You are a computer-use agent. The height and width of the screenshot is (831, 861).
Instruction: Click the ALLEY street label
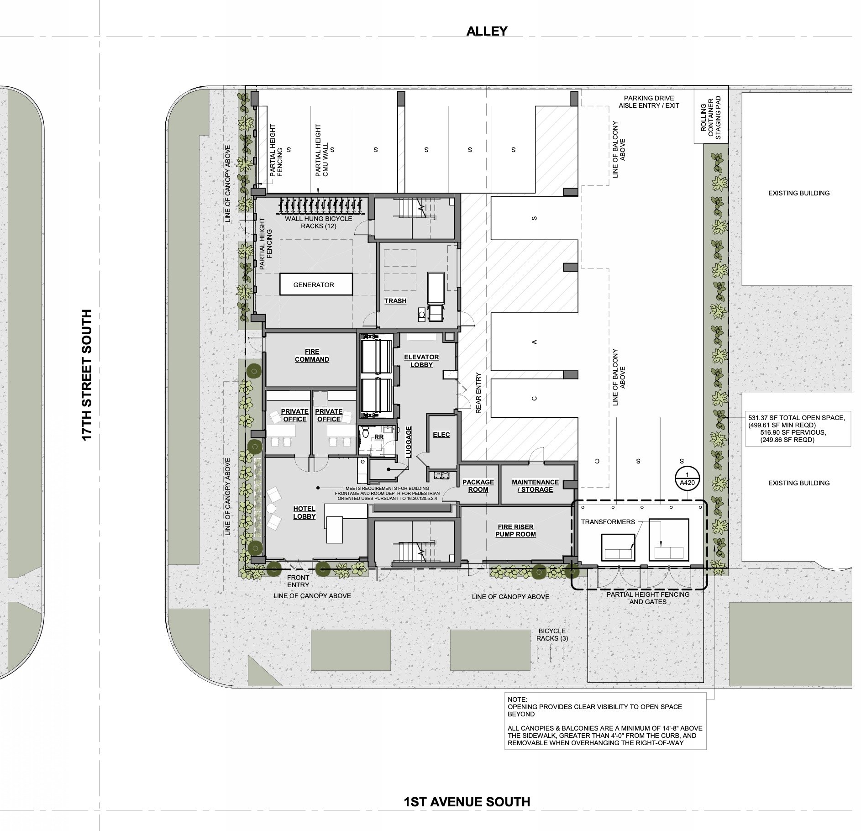pyautogui.click(x=487, y=31)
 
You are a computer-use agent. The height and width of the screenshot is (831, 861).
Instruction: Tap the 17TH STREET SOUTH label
pyautogui.click(x=87, y=375)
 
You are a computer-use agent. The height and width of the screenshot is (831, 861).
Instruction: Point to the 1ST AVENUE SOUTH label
pyautogui.click(x=467, y=802)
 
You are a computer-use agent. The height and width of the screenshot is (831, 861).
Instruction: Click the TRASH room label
pyautogui.click(x=395, y=301)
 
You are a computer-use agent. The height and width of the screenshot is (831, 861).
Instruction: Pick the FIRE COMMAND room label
pyautogui.click(x=312, y=356)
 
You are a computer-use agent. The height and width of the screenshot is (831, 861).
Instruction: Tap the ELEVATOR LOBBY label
pyautogui.click(x=421, y=361)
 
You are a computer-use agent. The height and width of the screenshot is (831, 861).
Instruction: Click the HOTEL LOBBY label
pyautogui.click(x=304, y=512)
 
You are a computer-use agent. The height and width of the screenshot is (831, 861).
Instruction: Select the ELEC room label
pyautogui.click(x=441, y=435)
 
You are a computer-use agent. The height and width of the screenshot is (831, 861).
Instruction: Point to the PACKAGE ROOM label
pyautogui.click(x=478, y=485)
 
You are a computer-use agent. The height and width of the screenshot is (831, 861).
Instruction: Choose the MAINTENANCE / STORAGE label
pyautogui.click(x=535, y=485)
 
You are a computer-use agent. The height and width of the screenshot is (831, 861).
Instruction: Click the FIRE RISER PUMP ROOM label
pyautogui.click(x=515, y=530)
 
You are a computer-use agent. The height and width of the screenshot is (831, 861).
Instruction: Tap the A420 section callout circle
pyautogui.click(x=687, y=479)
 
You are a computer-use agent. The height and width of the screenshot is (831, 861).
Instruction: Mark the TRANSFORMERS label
pyautogui.click(x=608, y=521)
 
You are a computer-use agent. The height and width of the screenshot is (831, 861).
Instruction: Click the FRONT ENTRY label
pyautogui.click(x=298, y=581)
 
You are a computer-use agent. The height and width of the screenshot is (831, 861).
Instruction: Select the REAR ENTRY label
pyautogui.click(x=478, y=393)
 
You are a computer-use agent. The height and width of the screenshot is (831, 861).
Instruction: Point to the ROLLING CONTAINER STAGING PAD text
pyautogui.click(x=710, y=118)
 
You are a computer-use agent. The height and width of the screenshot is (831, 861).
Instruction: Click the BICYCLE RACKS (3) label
pyautogui.click(x=552, y=635)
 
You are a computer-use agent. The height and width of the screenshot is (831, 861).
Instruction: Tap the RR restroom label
pyautogui.click(x=379, y=437)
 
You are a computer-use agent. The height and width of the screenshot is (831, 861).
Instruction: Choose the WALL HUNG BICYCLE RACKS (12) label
pyautogui.click(x=319, y=222)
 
